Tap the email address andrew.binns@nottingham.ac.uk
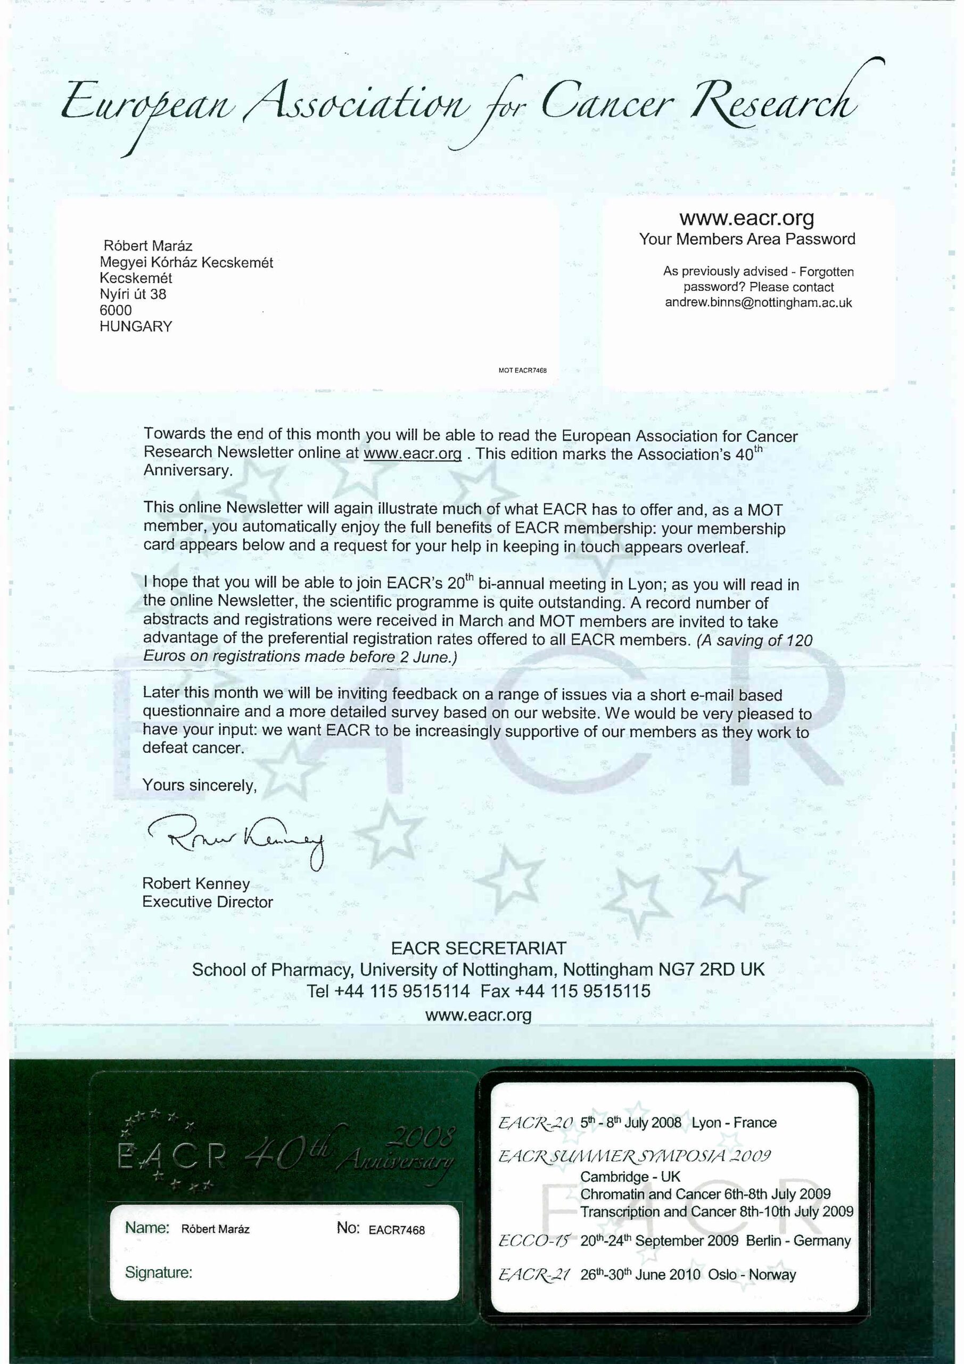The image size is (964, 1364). point(758,303)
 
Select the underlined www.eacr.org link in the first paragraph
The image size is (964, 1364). point(412,453)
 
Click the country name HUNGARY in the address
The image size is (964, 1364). point(136,326)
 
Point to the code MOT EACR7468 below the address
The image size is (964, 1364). point(522,370)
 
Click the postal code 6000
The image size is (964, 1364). point(116,310)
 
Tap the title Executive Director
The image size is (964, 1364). point(207,902)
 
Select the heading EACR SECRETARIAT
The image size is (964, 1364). point(479,948)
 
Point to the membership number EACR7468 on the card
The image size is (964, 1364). point(397,1230)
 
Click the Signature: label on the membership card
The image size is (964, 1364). point(159,1272)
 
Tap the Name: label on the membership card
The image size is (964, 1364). point(147,1228)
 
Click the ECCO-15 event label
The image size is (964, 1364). point(534,1241)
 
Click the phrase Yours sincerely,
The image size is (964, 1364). point(200,785)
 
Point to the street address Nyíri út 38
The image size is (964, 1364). point(133,294)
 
